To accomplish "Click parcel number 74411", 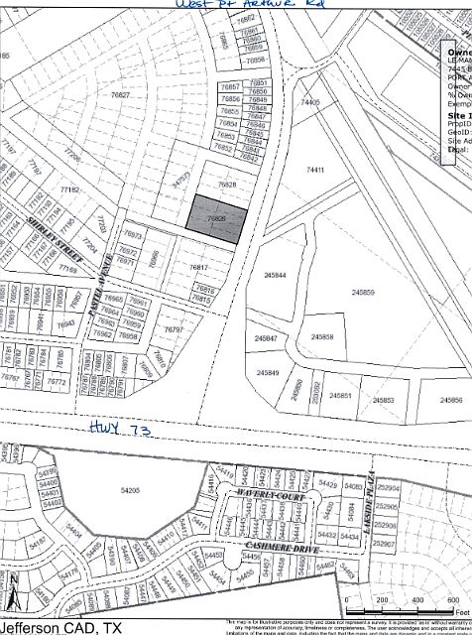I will click(316, 171).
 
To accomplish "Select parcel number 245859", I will click(362, 293).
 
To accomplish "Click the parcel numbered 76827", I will click(121, 94).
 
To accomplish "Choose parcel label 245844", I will click(276, 275).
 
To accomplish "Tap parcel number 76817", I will click(199, 267).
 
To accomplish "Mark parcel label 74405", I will click(311, 102).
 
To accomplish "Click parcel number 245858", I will click(322, 336).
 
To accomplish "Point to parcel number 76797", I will click(173, 329).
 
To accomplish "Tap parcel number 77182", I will click(69, 189).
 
